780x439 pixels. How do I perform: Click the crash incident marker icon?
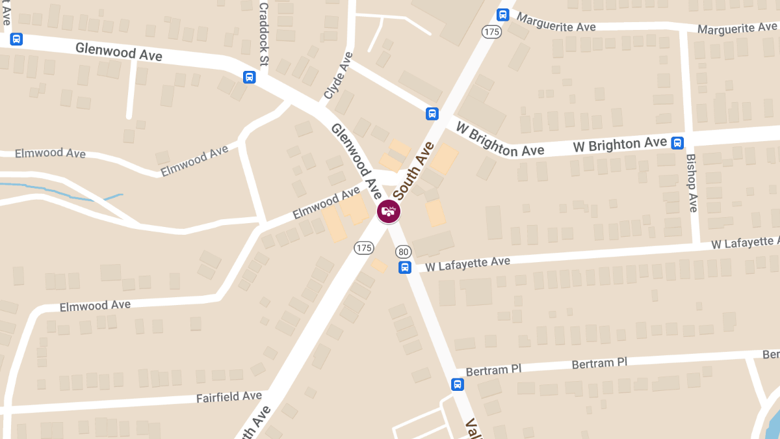[x=389, y=211]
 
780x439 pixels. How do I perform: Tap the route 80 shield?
[x=403, y=252]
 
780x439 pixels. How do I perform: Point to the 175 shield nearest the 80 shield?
[x=363, y=248]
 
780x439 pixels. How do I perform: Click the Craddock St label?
[x=263, y=34]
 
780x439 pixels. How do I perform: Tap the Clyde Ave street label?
[x=338, y=76]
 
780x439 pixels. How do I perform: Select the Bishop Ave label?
[x=692, y=183]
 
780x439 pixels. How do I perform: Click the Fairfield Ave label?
[x=229, y=397]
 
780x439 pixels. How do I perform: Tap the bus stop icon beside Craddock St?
[x=249, y=77]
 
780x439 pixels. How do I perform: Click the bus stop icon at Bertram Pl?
[x=458, y=384]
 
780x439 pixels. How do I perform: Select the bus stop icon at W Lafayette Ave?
[x=405, y=267]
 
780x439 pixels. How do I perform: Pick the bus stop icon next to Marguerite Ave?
[x=502, y=14]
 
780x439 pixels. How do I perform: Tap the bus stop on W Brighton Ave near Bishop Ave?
[x=677, y=142]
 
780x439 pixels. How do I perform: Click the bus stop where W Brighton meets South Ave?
[x=432, y=114]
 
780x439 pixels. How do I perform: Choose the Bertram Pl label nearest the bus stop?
[x=494, y=369]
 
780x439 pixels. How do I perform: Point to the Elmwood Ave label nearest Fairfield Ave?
[x=95, y=305]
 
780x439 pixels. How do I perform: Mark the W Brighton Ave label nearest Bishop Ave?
[x=620, y=144]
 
